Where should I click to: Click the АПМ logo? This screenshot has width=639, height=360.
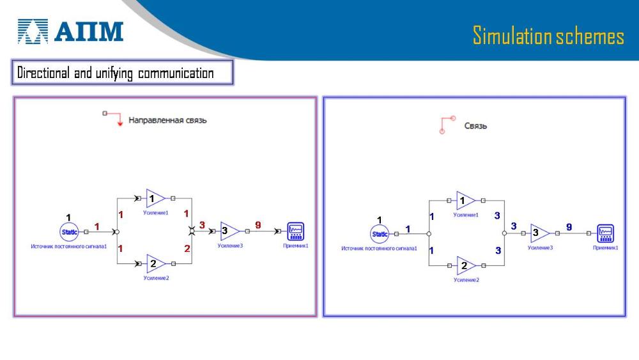click(x=70, y=31)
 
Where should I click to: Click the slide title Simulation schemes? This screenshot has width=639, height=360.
click(x=548, y=36)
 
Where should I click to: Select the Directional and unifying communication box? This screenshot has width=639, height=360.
click(x=122, y=73)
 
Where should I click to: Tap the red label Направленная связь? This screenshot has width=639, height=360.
click(x=167, y=120)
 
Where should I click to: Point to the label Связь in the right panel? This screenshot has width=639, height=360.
click(x=475, y=126)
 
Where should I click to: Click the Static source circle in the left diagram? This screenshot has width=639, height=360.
click(x=69, y=232)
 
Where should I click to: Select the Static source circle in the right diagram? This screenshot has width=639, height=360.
click(x=380, y=234)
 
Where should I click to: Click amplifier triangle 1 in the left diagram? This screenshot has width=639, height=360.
click(x=154, y=199)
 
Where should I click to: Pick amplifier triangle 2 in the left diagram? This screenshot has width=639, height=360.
click(x=154, y=263)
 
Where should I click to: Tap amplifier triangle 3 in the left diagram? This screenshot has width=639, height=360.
click(x=228, y=231)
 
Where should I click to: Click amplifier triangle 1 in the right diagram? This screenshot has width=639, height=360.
click(x=465, y=201)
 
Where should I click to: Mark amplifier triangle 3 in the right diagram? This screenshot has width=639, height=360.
click(x=539, y=233)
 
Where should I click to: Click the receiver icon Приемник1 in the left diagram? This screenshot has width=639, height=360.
click(x=295, y=231)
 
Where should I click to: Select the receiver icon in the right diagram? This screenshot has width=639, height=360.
click(x=605, y=233)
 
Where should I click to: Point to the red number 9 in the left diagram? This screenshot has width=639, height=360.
click(x=258, y=225)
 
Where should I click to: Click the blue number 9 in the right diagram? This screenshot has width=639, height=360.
click(x=569, y=227)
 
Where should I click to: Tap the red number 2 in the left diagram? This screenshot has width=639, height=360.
click(x=187, y=248)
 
